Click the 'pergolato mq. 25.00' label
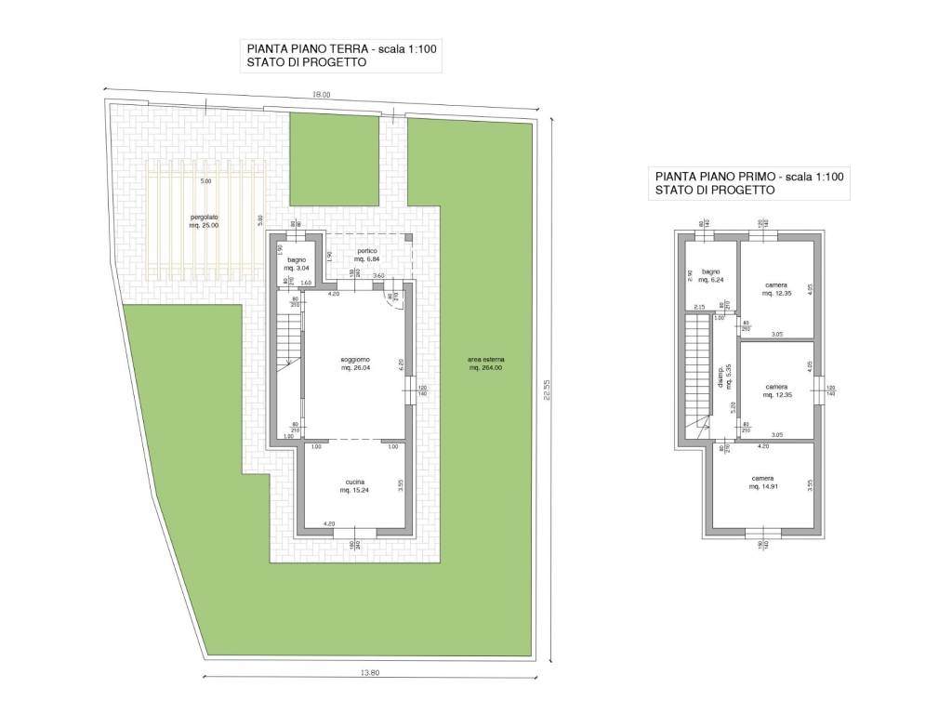point(205,221)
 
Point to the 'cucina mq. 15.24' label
point(354,485)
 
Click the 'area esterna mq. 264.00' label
point(486,364)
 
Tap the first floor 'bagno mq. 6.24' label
point(711,275)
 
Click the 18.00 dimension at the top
point(321,94)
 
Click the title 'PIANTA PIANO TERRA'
point(307,48)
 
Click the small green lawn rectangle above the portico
point(335,158)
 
